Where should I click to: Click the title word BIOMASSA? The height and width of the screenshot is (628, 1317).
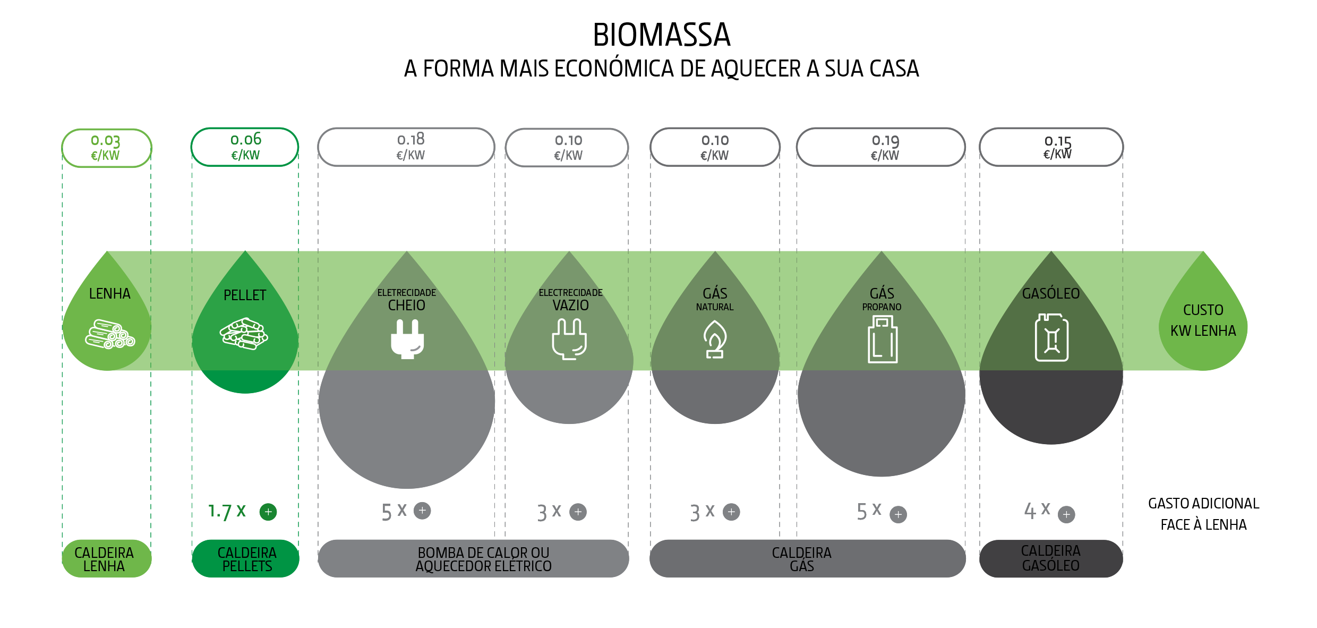[661, 35]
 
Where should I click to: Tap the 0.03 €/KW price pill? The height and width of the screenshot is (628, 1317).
[106, 148]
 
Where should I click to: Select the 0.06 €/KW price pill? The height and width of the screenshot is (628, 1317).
[245, 147]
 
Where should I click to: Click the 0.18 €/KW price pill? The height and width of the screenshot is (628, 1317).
[406, 147]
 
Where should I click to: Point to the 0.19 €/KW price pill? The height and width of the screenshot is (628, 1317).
[880, 147]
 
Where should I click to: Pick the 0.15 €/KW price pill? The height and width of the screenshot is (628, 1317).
[1051, 147]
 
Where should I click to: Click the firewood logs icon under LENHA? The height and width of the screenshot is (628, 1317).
[110, 334]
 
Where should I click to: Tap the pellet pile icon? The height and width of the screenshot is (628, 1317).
[244, 334]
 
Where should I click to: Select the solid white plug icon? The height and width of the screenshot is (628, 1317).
[407, 339]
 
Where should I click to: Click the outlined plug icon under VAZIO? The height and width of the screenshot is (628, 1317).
[569, 339]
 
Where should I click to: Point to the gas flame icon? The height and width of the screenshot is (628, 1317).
[715, 340]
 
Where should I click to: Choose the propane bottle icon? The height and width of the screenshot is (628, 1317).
[882, 340]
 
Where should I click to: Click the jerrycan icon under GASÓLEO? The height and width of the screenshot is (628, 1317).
[1051, 338]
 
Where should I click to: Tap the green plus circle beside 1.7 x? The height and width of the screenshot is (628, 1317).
[268, 512]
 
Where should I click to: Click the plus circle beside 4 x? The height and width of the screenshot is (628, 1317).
[1066, 514]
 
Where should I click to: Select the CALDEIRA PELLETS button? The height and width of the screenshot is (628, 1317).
[246, 559]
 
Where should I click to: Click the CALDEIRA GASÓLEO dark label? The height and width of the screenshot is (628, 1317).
[1051, 558]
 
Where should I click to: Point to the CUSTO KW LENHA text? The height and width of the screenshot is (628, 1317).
[1203, 320]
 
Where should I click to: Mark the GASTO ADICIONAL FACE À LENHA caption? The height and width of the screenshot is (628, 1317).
[1203, 514]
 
